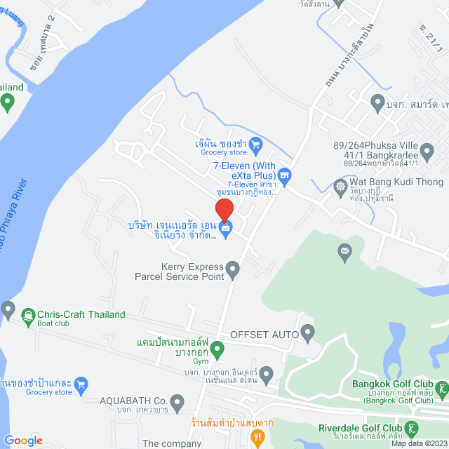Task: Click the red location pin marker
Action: tap(224, 210)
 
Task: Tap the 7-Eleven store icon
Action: tap(284, 173)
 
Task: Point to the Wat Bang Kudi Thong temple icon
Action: tap(341, 187)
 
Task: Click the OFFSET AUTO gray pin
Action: tap(307, 330)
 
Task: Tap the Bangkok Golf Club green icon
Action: tap(442, 388)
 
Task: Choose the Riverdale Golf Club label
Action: tap(359, 428)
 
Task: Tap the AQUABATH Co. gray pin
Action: tap(177, 402)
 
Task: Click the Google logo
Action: tap(24, 440)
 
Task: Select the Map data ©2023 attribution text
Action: tap(418, 443)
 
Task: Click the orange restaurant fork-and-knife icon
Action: tap(259, 438)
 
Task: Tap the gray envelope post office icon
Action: tap(344, 250)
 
